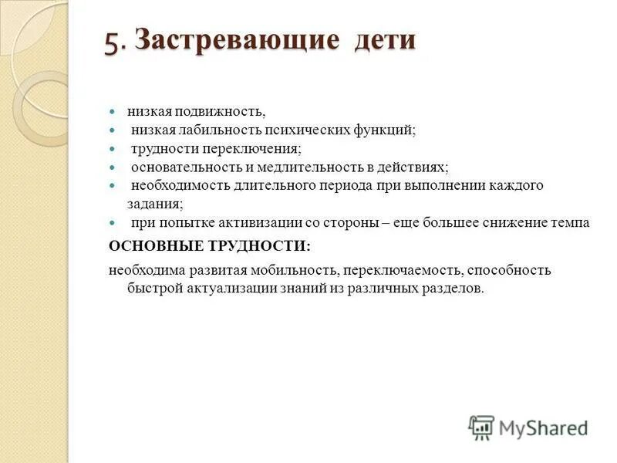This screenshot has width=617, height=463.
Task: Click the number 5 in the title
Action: (113, 41)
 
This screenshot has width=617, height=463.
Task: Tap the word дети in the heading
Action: (385, 41)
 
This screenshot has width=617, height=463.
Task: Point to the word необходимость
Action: (176, 185)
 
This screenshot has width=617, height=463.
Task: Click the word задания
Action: (154, 204)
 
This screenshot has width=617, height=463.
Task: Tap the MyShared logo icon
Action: (481, 427)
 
